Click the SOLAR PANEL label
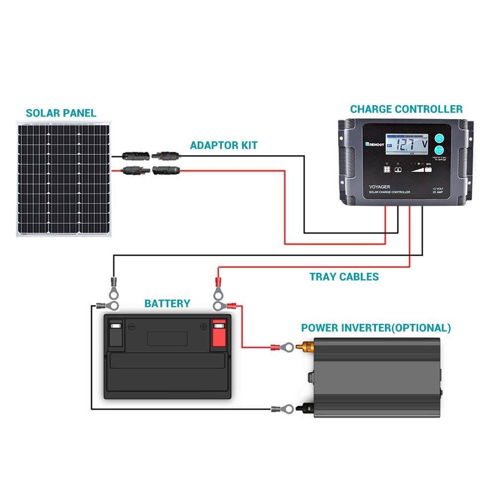pyautogui.click(x=61, y=113)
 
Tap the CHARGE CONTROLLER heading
pyautogui.click(x=406, y=109)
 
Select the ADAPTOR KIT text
pyautogui.click(x=224, y=145)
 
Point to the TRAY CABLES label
pyautogui.click(x=344, y=277)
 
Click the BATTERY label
pyautogui.click(x=167, y=303)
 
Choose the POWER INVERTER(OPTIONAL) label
pyautogui.click(x=376, y=328)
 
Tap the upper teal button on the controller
pyautogui.click(x=439, y=139)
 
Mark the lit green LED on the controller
pyautogui.click(x=419, y=164)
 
